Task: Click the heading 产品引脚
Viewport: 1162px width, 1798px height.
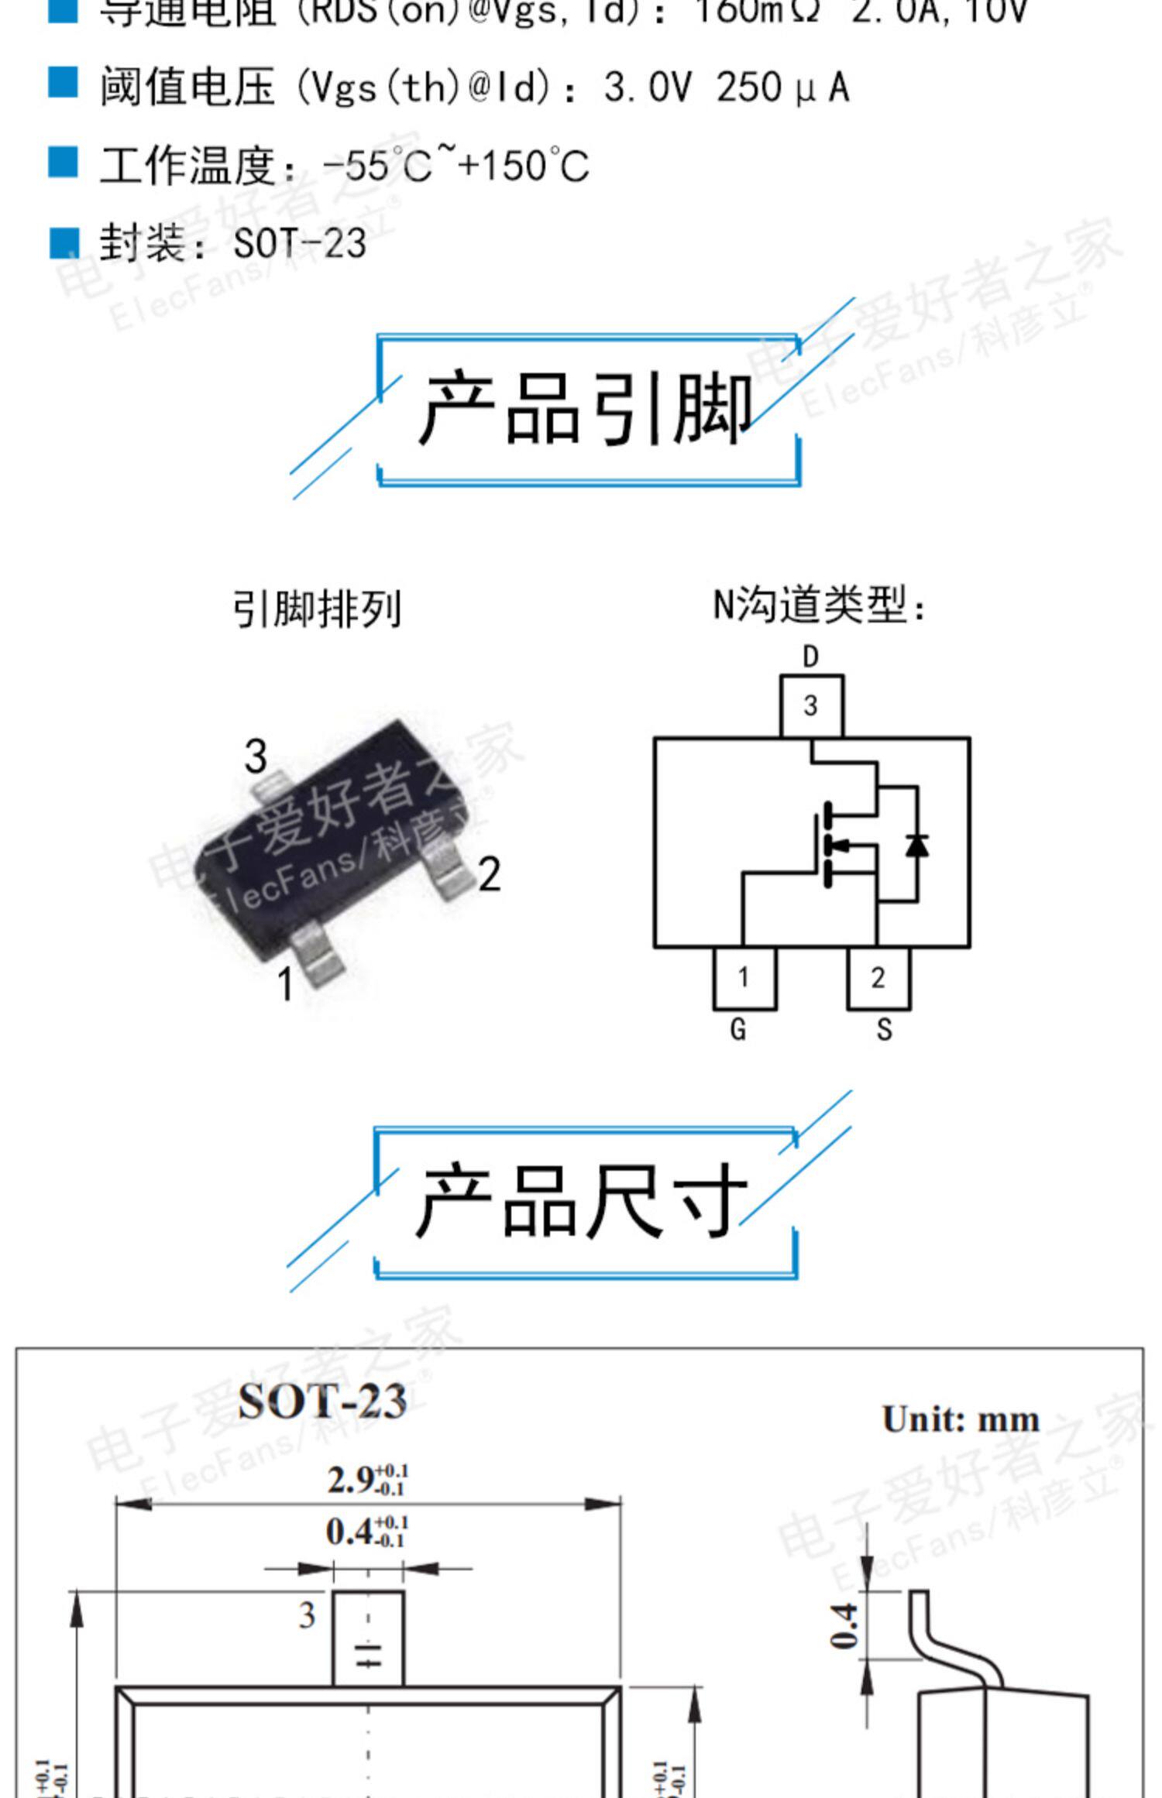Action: click(x=586, y=408)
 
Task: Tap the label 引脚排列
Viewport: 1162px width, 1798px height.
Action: click(x=318, y=609)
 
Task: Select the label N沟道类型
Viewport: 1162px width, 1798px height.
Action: click(x=819, y=605)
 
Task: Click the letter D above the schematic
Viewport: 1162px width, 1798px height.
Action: click(x=810, y=657)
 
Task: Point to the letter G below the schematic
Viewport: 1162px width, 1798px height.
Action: click(x=738, y=1029)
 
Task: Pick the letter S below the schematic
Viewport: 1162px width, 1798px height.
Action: click(x=884, y=1029)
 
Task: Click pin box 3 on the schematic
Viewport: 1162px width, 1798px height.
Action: click(x=811, y=705)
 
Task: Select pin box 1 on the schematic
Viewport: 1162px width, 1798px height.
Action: click(x=744, y=978)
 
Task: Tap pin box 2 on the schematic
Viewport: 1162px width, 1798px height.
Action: click(x=878, y=978)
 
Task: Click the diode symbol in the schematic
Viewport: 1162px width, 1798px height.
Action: click(x=917, y=844)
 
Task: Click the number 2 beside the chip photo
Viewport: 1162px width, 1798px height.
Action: click(x=490, y=875)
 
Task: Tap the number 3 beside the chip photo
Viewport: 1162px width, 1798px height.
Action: click(x=256, y=756)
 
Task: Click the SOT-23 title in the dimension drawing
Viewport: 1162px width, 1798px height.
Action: click(x=322, y=1401)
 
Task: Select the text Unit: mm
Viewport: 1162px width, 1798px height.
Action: click(x=961, y=1419)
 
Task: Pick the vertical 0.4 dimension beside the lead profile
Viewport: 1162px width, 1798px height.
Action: click(x=844, y=1626)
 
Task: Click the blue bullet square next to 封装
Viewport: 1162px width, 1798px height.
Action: click(x=64, y=242)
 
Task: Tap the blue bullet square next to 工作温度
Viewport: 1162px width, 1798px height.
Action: click(x=64, y=163)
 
